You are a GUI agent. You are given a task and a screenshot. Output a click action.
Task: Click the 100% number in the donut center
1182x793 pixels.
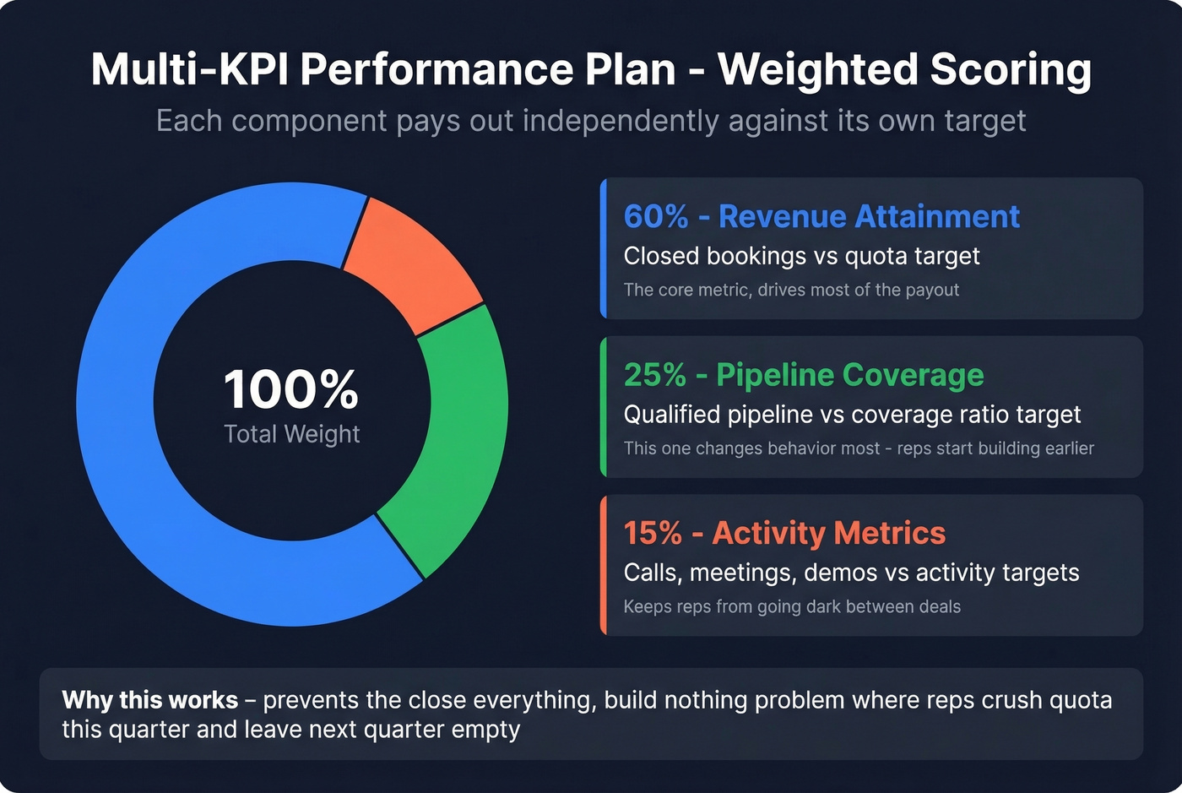pyautogui.click(x=291, y=389)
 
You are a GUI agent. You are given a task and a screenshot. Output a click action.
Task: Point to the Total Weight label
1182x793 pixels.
pyautogui.click(x=291, y=434)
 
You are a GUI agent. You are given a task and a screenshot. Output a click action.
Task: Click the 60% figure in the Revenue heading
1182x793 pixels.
pyautogui.click(x=656, y=217)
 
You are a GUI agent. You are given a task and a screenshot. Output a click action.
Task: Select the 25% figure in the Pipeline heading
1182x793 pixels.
pyautogui.click(x=654, y=375)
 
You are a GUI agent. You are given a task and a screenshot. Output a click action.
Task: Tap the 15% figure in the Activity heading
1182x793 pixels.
pyautogui.click(x=653, y=533)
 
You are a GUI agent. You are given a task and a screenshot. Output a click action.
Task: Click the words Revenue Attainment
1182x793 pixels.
pyautogui.click(x=869, y=217)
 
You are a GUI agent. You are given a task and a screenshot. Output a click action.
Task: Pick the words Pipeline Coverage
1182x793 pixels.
pyautogui.click(x=849, y=375)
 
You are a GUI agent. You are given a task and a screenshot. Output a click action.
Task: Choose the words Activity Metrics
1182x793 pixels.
pyautogui.click(x=828, y=533)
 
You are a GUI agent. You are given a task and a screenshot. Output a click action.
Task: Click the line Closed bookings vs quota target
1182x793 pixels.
pyautogui.click(x=801, y=256)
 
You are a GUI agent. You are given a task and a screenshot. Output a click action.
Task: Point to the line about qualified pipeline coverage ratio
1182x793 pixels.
pyautogui.click(x=852, y=415)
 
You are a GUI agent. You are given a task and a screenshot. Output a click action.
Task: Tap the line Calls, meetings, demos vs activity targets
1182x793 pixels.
pyautogui.click(x=851, y=573)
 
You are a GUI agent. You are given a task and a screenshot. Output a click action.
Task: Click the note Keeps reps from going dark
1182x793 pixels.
pyautogui.click(x=792, y=606)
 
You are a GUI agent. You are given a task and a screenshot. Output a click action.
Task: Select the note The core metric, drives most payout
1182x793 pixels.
pyautogui.click(x=791, y=290)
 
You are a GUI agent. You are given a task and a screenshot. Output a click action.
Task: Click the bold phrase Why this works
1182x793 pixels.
pyautogui.click(x=149, y=700)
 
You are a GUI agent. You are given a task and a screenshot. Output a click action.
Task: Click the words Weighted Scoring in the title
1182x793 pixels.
pyautogui.click(x=904, y=69)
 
